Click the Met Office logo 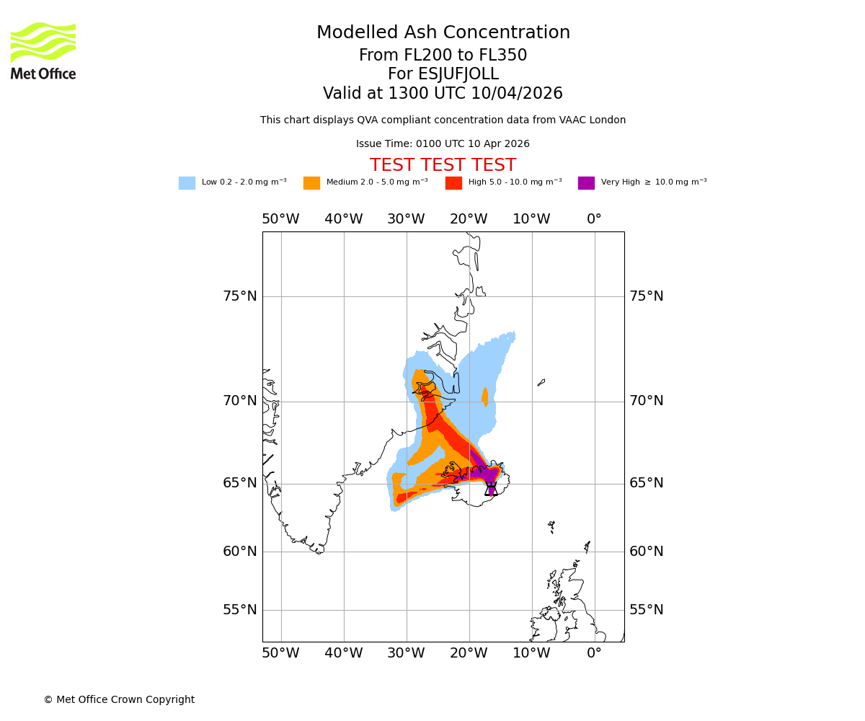point(43,50)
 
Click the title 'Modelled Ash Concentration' point(443,33)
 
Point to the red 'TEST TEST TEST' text point(443,165)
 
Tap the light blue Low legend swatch point(187,183)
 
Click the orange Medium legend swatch point(311,183)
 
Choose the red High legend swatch point(453,183)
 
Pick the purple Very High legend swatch point(586,183)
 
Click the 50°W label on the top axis point(280,219)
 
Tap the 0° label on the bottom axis point(594,653)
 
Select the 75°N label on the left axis point(239,296)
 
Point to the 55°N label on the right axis point(647,610)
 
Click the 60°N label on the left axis point(239,552)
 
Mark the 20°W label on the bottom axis point(469,653)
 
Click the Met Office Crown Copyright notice point(119,700)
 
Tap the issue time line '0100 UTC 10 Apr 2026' point(443,144)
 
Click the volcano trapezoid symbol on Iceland point(491,490)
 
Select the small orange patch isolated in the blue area point(485,397)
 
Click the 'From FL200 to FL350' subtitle point(443,56)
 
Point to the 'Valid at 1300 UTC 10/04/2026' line point(443,94)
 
